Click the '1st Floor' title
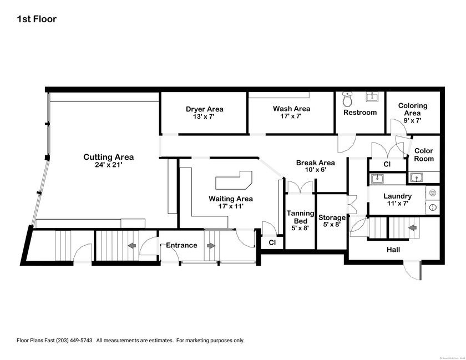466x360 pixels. pyautogui.click(x=37, y=19)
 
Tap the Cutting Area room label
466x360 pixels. pyautogui.click(x=108, y=157)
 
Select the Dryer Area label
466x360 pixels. pyautogui.click(x=204, y=109)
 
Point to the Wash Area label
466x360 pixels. pyautogui.click(x=291, y=109)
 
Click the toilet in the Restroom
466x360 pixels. pyautogui.click(x=348, y=100)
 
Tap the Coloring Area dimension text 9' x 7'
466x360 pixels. pyautogui.click(x=412, y=120)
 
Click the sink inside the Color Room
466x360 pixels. pyautogui.click(x=416, y=178)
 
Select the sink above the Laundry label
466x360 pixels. pyautogui.click(x=378, y=179)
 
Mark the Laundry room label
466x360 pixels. pyautogui.click(x=397, y=196)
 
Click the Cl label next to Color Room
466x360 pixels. pyautogui.click(x=387, y=165)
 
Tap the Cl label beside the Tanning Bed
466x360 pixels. pyautogui.click(x=272, y=242)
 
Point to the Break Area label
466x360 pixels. pyautogui.click(x=315, y=163)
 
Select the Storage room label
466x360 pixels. pyautogui.click(x=332, y=217)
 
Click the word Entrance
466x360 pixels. pyautogui.click(x=182, y=245)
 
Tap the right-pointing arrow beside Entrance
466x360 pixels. pyautogui.click(x=211, y=245)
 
